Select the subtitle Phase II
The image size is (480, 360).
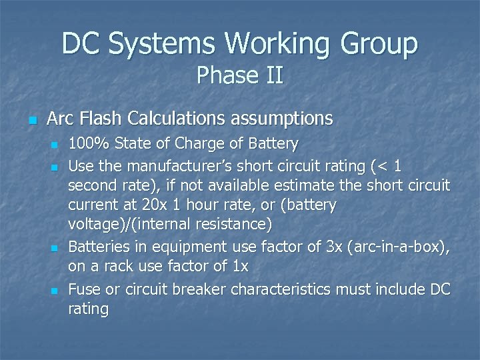click(240, 75)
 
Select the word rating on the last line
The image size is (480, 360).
click(89, 309)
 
